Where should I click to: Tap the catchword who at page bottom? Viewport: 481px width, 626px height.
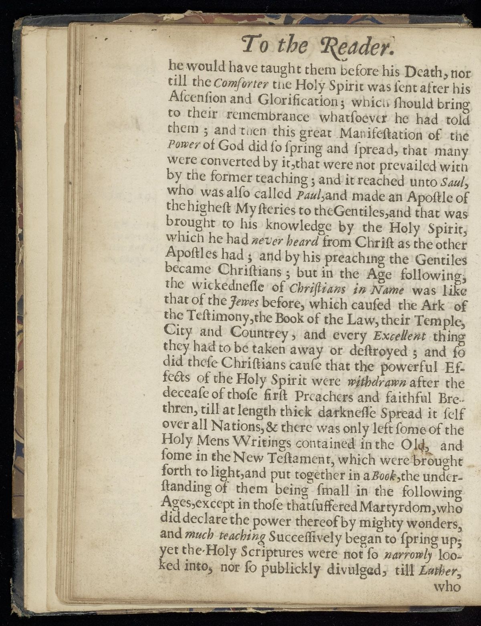pos(448,587)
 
